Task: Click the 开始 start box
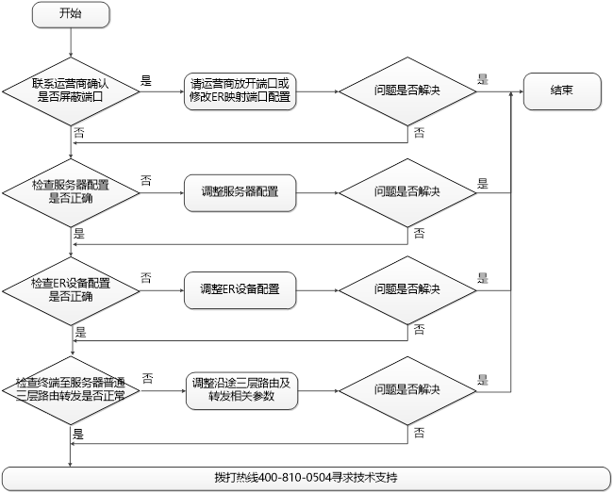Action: pyautogui.click(x=71, y=15)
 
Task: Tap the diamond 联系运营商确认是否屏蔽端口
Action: pyautogui.click(x=71, y=90)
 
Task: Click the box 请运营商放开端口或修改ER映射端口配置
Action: pyautogui.click(x=240, y=90)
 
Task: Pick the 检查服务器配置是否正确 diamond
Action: pyautogui.click(x=71, y=190)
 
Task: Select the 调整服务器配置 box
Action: pyautogui.click(x=240, y=191)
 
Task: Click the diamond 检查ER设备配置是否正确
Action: pyautogui.click(x=71, y=288)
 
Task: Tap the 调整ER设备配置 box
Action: pyautogui.click(x=240, y=288)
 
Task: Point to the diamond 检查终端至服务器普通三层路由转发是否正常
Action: pyautogui.click(x=71, y=389)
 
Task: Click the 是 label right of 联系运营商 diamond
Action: pyautogui.click(x=146, y=81)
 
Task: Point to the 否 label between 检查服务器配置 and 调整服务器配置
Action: pyautogui.click(x=146, y=179)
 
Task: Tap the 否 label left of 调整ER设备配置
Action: pyautogui.click(x=146, y=277)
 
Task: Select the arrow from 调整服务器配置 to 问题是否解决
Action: pyautogui.click(x=316, y=191)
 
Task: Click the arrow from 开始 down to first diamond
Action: pyautogui.click(x=71, y=43)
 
